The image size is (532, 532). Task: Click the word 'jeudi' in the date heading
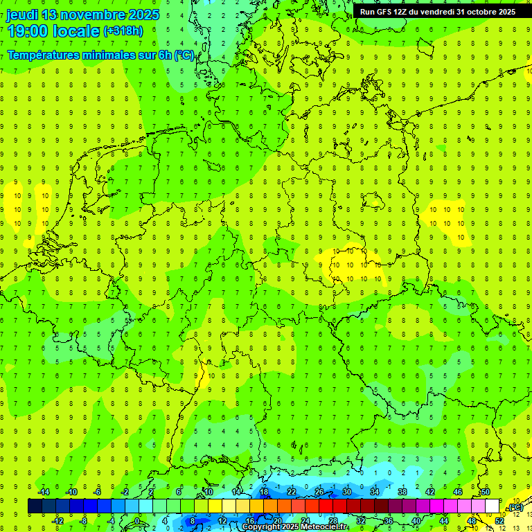pos(23,15)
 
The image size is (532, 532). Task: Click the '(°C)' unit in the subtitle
pos(184,55)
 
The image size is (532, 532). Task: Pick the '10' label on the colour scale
pos(208,492)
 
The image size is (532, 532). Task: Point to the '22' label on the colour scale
pos(292,492)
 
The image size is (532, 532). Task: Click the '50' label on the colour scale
pos(486,492)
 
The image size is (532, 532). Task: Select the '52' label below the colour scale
pos(499,521)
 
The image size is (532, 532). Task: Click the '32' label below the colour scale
pos(361,521)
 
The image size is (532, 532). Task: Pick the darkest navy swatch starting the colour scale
pos(35,506)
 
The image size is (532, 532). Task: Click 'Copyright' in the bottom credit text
pos(261,527)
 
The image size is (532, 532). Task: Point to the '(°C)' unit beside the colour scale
pos(515,508)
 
